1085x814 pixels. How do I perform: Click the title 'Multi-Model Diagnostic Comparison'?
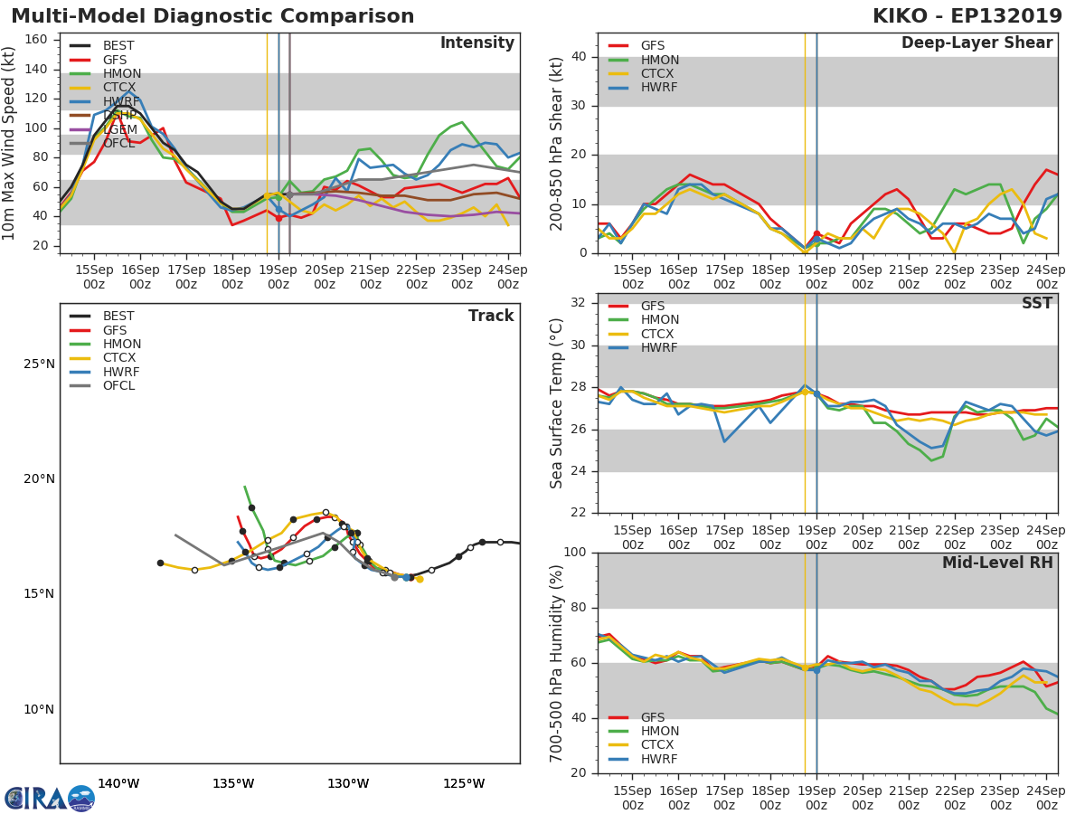212,16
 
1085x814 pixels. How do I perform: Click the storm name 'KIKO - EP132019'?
969,16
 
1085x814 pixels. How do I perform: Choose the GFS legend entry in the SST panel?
652,307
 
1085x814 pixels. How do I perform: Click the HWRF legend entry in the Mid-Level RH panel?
658,760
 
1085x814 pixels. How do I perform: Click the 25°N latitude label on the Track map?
39,364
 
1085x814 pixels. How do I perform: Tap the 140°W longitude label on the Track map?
118,783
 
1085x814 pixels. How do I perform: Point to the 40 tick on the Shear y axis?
578,57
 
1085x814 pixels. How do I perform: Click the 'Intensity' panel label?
476,43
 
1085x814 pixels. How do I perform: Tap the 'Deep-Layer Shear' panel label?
976,43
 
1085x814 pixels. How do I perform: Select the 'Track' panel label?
491,317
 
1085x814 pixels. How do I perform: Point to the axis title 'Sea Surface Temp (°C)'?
557,403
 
